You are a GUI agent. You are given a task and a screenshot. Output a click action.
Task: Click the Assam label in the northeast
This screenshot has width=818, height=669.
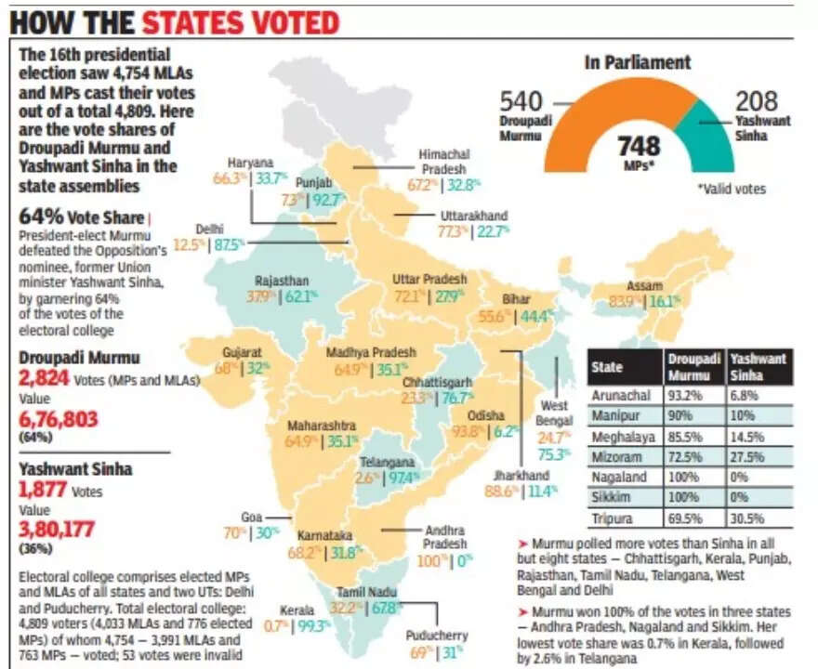point(645,284)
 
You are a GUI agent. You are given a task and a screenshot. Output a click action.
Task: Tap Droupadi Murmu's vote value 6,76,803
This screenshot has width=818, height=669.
point(59,420)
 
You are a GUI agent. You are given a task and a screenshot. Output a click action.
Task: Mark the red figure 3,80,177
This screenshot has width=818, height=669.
point(59,530)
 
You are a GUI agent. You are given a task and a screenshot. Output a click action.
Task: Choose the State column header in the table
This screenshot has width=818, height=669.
point(607,367)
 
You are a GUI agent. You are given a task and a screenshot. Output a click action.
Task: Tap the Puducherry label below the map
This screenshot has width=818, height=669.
point(436,636)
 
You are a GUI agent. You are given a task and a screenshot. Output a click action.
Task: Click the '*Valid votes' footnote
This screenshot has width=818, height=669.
point(732,189)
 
